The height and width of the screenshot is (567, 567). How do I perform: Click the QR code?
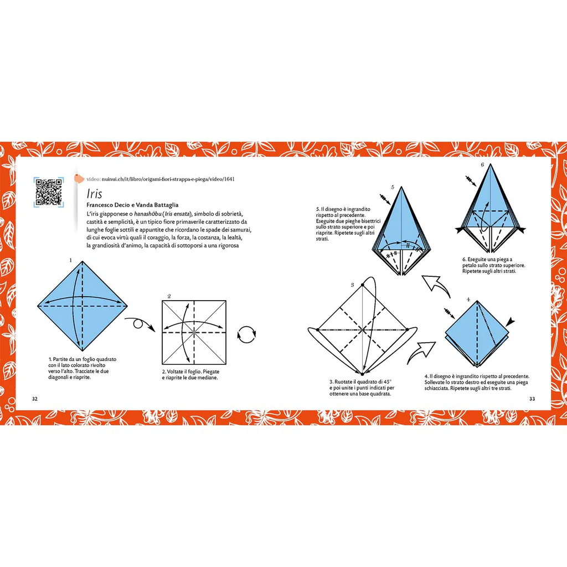[x=49, y=192]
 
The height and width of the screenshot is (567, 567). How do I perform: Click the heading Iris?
[x=94, y=194]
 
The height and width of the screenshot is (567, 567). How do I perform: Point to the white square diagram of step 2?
[x=194, y=332]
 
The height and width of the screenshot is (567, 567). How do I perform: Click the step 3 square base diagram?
[x=361, y=330]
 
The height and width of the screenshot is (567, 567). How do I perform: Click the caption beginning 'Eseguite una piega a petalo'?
[x=493, y=265]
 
